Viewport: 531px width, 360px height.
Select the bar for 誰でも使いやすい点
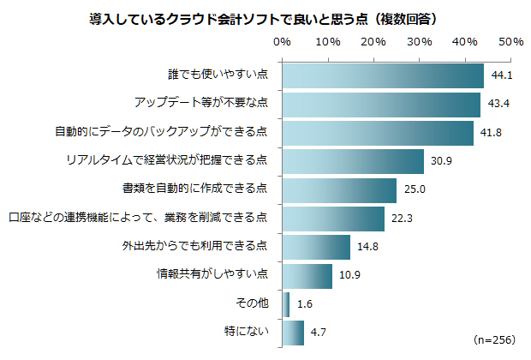coord(382,76)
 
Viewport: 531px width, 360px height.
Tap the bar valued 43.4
coord(380,105)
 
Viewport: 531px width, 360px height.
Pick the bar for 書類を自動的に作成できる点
coord(338,189)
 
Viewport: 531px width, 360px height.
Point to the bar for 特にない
coord(292,332)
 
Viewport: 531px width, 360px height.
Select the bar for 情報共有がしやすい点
coord(307,275)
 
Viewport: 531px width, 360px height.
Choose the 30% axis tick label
coord(419,41)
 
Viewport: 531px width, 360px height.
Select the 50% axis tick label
coord(510,41)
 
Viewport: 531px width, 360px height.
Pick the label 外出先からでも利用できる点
coord(194,246)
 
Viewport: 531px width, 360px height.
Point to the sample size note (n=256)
coord(494,339)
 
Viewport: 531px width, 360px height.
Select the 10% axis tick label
coord(327,41)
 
